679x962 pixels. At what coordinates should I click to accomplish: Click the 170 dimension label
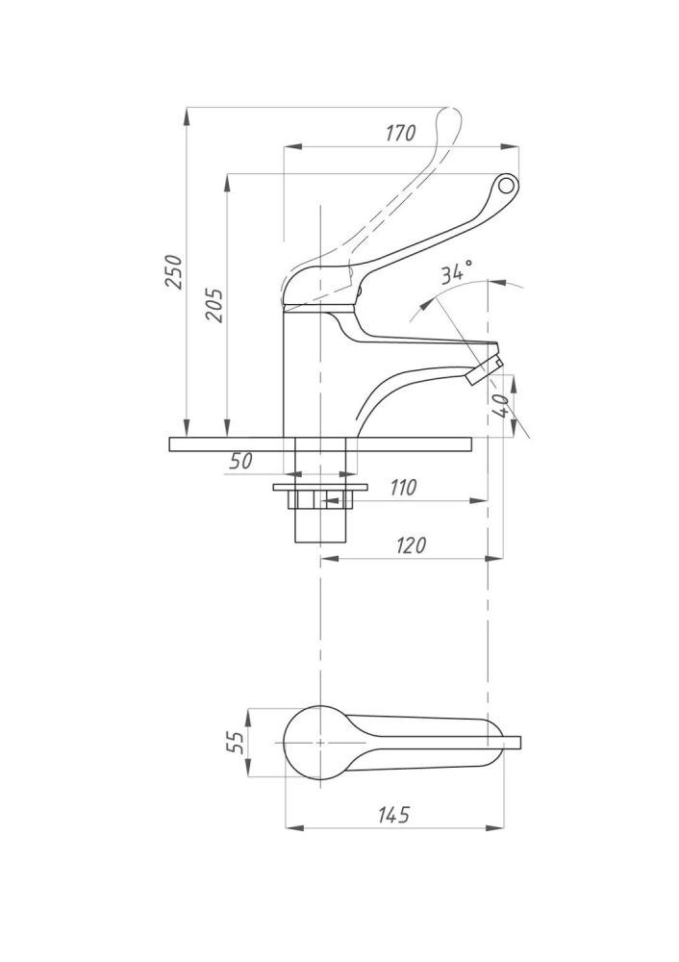[x=401, y=133]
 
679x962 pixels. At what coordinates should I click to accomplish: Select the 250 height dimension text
[x=174, y=272]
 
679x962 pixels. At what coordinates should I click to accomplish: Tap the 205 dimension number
[x=215, y=304]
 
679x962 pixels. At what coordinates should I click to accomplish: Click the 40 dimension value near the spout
[x=501, y=405]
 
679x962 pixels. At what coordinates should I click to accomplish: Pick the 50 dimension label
[x=240, y=461]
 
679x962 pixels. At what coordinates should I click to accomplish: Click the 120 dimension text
[x=411, y=544]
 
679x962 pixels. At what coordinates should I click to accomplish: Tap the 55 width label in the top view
[x=236, y=743]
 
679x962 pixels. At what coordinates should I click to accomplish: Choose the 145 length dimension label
[x=393, y=815]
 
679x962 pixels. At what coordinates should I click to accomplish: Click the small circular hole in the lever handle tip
[x=506, y=184]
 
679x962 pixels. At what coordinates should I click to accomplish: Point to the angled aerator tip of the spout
[x=484, y=370]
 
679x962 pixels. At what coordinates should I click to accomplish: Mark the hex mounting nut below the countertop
[x=320, y=499]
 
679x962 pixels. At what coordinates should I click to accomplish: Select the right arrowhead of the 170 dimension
[x=511, y=146]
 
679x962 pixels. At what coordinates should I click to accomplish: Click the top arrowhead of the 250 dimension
[x=186, y=117]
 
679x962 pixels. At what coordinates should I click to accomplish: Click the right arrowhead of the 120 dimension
[x=494, y=558]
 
